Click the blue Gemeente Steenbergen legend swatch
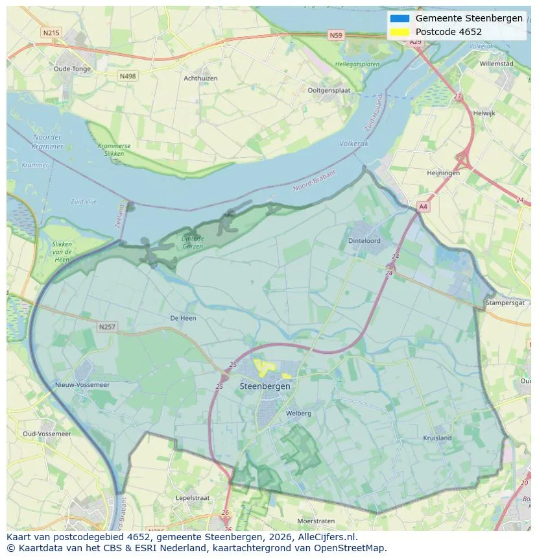[400, 19]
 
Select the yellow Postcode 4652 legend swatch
[400, 32]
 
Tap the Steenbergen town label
[265, 386]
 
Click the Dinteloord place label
[364, 241]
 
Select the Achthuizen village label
[200, 79]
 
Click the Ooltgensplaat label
[329, 91]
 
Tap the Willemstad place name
[496, 64]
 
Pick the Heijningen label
[443, 173]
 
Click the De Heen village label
[183, 318]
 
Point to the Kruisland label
[437, 438]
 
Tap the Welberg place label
[298, 413]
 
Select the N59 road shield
[335, 36]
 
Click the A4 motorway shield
[423, 206]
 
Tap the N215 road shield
[50, 32]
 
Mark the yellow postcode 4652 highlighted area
[263, 367]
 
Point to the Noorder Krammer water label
[47, 142]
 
